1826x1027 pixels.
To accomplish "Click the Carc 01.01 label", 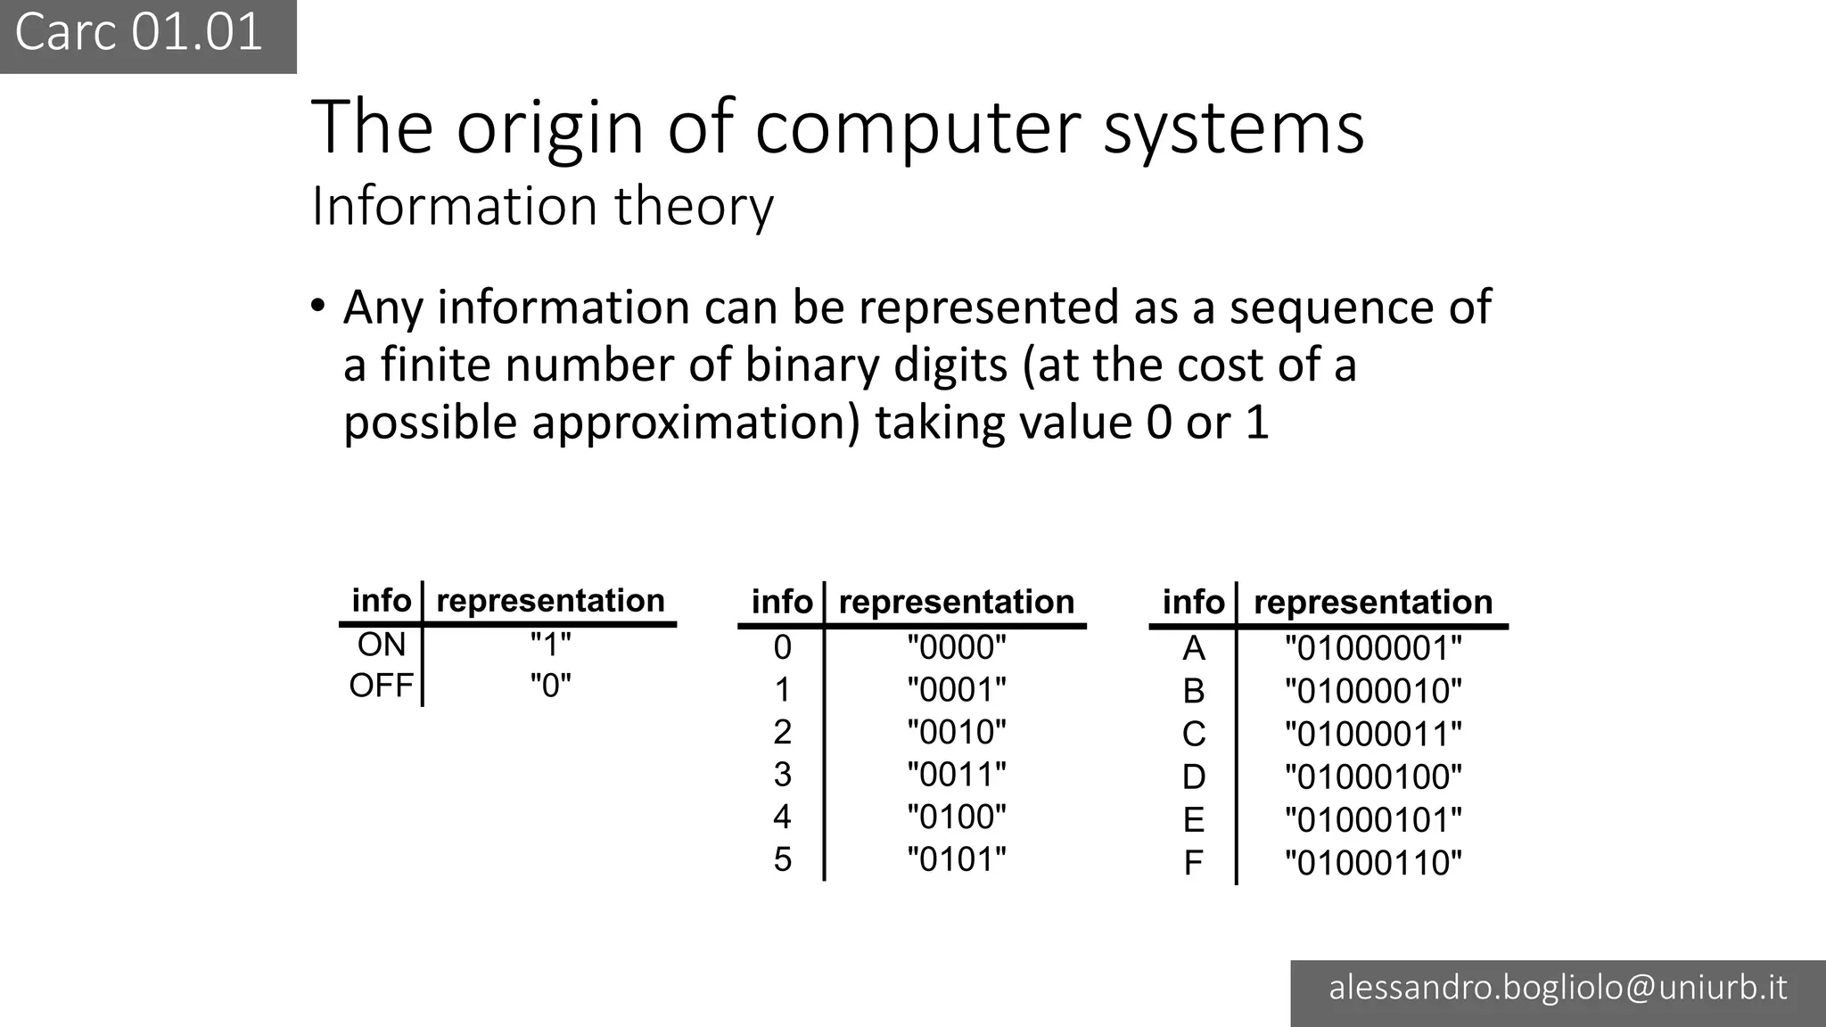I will tap(139, 33).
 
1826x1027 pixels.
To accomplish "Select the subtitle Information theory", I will tap(542, 206).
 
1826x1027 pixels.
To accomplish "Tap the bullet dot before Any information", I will tap(318, 306).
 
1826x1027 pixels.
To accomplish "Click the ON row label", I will tap(382, 645).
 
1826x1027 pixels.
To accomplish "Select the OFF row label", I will tap(382, 686).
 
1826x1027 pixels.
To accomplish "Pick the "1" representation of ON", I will tap(550, 644).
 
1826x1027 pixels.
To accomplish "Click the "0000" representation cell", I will tap(956, 647).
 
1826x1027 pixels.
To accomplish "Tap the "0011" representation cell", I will tap(956, 775).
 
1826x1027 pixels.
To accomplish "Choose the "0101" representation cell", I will tap(956, 859).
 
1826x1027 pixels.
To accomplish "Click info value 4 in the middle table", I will tap(782, 817).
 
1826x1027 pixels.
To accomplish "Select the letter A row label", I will tap(1194, 649).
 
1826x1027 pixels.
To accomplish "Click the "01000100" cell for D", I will tap(1373, 777).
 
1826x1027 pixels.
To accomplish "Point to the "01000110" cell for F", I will tap(1373, 863).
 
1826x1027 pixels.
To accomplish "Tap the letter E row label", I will tap(1194, 820).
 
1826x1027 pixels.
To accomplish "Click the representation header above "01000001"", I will tap(1373, 603).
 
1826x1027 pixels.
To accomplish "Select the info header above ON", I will tap(382, 601).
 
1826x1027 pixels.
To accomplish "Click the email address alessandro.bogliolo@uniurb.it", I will tap(1558, 988).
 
